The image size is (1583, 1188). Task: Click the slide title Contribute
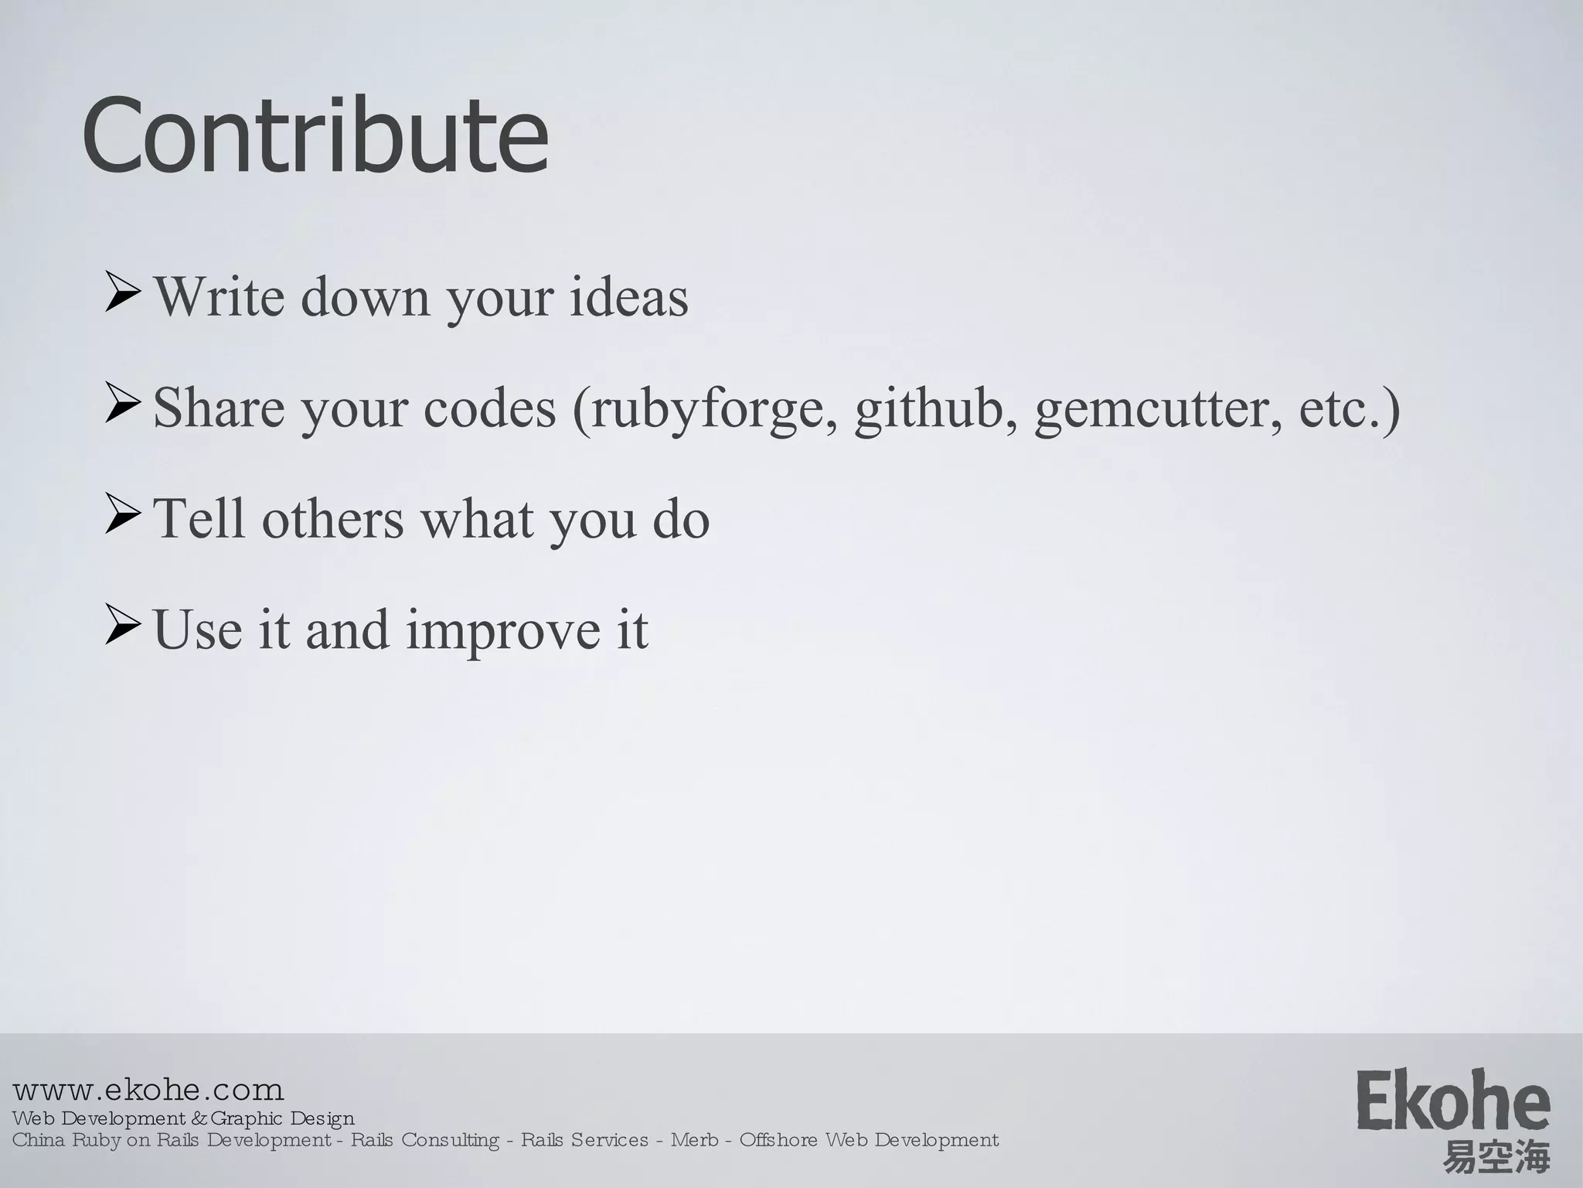(x=315, y=136)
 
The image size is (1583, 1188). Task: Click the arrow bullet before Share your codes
(x=122, y=407)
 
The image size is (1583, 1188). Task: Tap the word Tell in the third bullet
(x=199, y=517)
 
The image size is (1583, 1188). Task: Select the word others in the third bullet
(x=332, y=517)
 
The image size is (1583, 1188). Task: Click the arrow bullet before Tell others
(x=122, y=518)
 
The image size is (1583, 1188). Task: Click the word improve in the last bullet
(x=502, y=631)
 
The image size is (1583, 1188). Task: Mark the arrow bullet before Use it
(x=122, y=628)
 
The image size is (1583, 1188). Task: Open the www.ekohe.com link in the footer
(x=148, y=1091)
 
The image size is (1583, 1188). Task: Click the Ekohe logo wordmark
(x=1453, y=1100)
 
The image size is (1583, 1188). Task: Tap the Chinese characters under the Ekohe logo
(x=1496, y=1157)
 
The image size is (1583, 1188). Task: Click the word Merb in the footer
(x=694, y=1140)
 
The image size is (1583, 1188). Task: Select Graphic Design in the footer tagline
(x=282, y=1118)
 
